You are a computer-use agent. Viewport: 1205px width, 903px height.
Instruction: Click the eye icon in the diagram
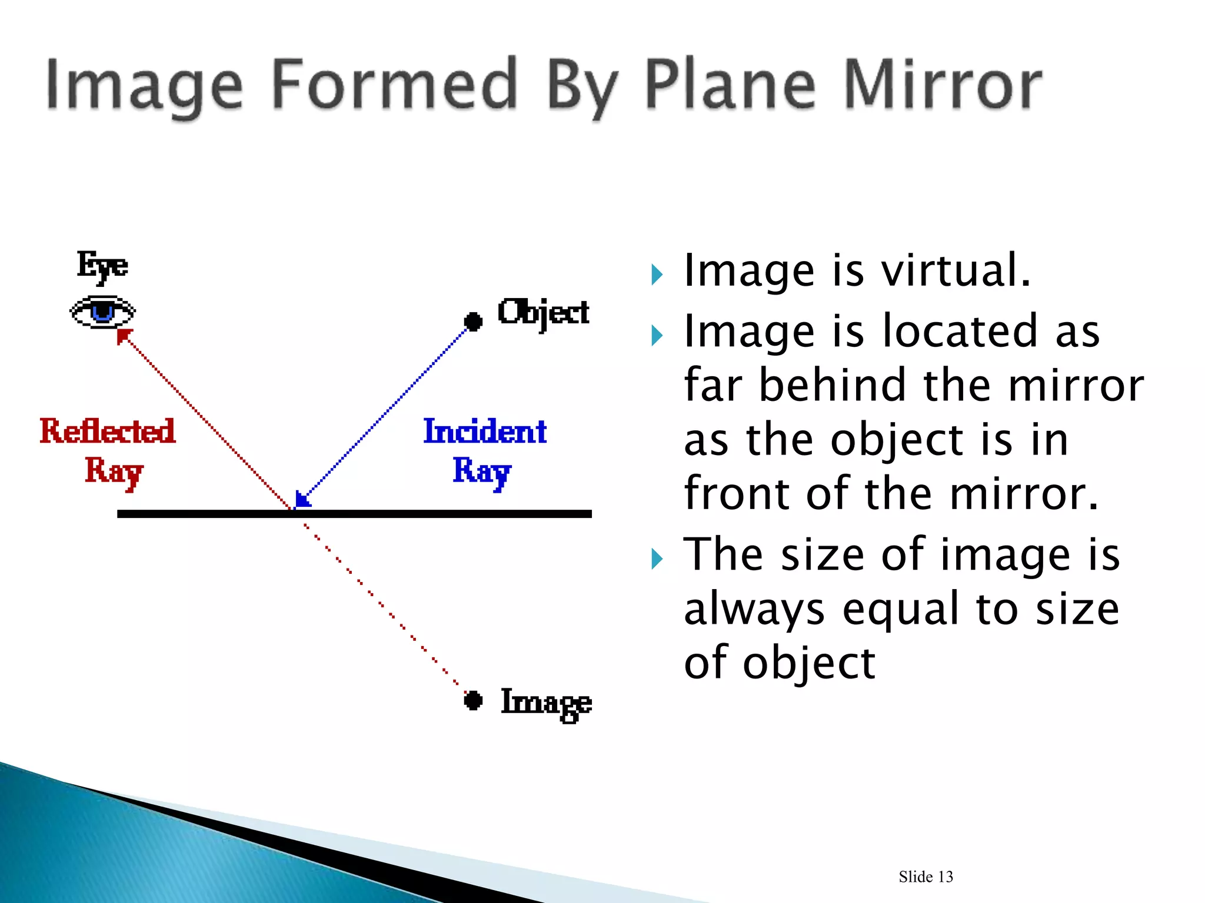[103, 312]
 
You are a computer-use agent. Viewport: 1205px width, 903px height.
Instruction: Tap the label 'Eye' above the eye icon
[102, 266]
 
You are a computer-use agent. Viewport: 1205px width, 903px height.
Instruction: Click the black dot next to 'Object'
[473, 321]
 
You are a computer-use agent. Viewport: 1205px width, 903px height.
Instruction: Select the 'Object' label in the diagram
[543, 313]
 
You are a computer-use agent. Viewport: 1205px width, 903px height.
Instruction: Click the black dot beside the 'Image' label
[473, 700]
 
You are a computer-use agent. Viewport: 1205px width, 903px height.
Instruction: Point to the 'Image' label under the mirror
[546, 703]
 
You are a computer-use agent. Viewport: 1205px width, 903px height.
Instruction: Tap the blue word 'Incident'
[485, 432]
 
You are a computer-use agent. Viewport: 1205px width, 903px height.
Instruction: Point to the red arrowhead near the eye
[124, 336]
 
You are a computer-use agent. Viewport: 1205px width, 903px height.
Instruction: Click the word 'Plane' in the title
[730, 86]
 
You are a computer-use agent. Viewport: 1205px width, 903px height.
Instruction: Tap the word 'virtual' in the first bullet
[956, 271]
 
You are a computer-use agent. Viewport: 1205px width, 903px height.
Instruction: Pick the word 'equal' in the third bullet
[900, 609]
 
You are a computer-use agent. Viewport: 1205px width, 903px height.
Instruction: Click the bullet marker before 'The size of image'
[657, 558]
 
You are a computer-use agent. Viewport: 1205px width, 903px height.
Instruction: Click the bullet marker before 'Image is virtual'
[657, 275]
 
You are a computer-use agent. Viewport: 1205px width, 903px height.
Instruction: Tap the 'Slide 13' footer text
[926, 877]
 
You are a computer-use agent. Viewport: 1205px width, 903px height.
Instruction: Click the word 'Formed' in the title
[395, 86]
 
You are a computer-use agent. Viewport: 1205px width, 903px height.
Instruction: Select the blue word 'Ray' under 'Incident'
[481, 471]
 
